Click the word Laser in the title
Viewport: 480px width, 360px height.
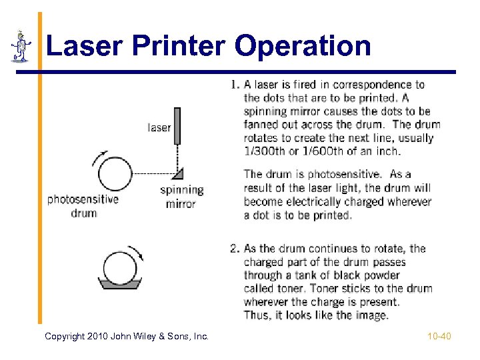(85, 45)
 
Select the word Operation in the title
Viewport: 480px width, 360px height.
(303, 47)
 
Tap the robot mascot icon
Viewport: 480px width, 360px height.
(21, 46)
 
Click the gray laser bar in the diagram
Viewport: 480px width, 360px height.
(177, 126)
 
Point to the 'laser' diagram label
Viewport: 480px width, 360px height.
(159, 127)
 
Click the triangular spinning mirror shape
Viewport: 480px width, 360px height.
(179, 173)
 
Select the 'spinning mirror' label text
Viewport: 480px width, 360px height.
(181, 197)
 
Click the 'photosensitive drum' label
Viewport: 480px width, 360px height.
(83, 206)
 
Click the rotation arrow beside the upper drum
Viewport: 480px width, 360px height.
(99, 157)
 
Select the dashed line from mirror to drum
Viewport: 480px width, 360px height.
(153, 173)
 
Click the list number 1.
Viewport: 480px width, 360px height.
(235, 85)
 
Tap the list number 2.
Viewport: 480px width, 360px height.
(235, 249)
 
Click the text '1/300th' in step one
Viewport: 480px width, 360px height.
(265, 151)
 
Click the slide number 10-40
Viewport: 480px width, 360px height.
(439, 336)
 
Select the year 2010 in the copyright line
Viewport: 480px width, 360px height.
(97, 336)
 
